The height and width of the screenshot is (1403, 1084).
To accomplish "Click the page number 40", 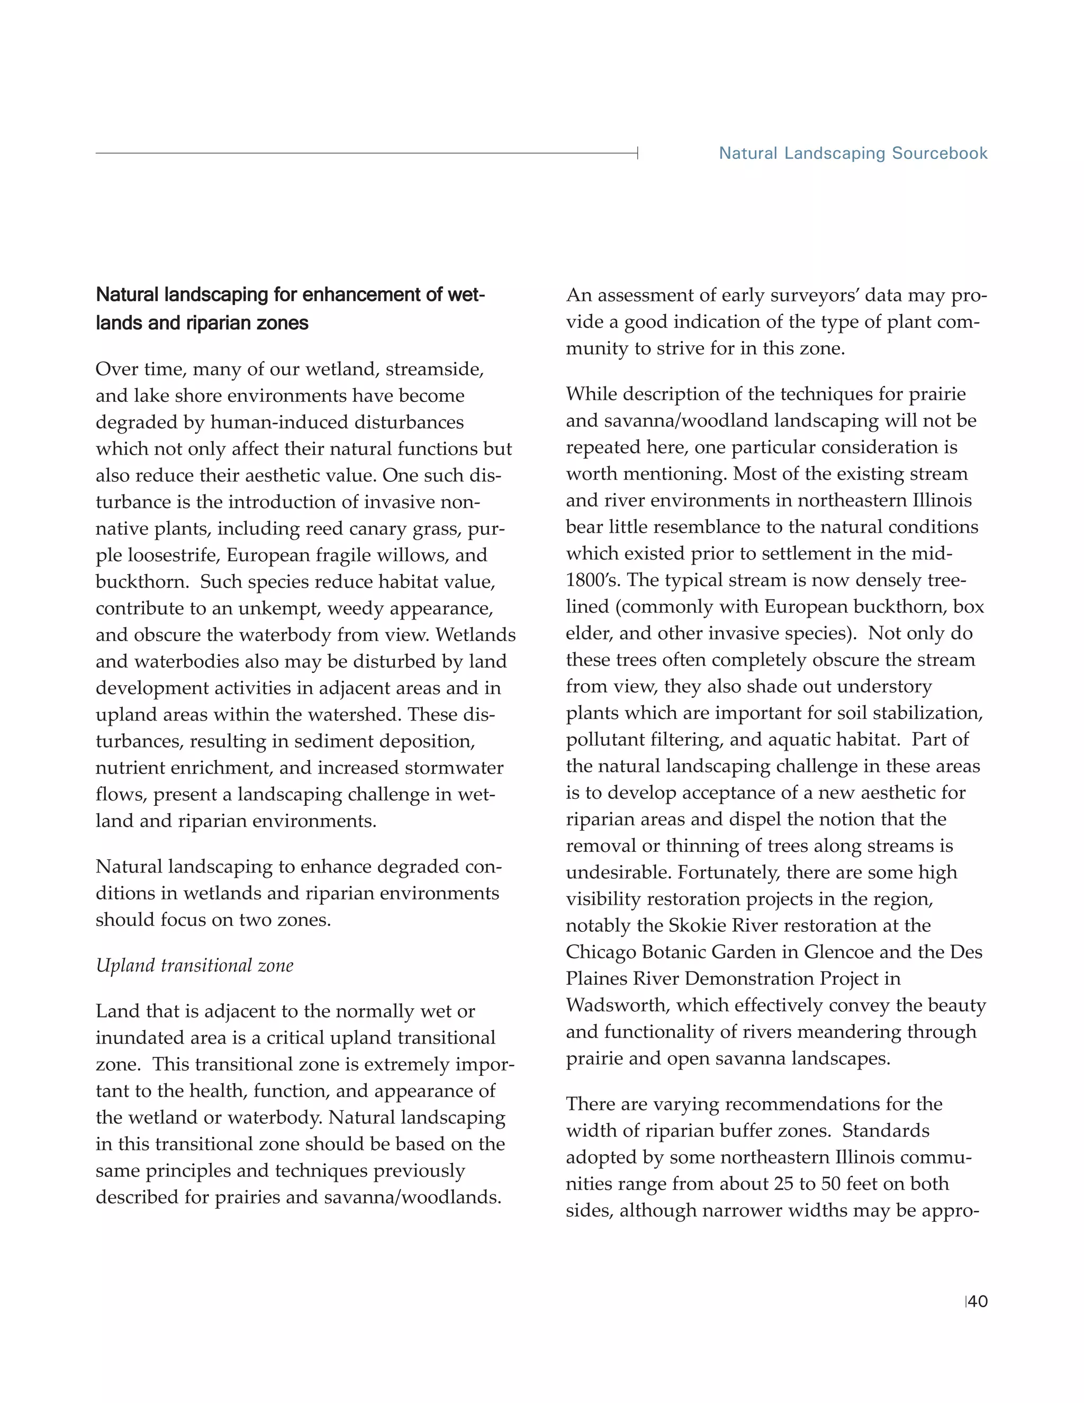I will coord(978,1301).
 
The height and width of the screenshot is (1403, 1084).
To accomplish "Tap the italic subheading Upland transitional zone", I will coord(195,966).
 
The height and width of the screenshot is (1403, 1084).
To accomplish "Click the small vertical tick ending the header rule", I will coord(637,153).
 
